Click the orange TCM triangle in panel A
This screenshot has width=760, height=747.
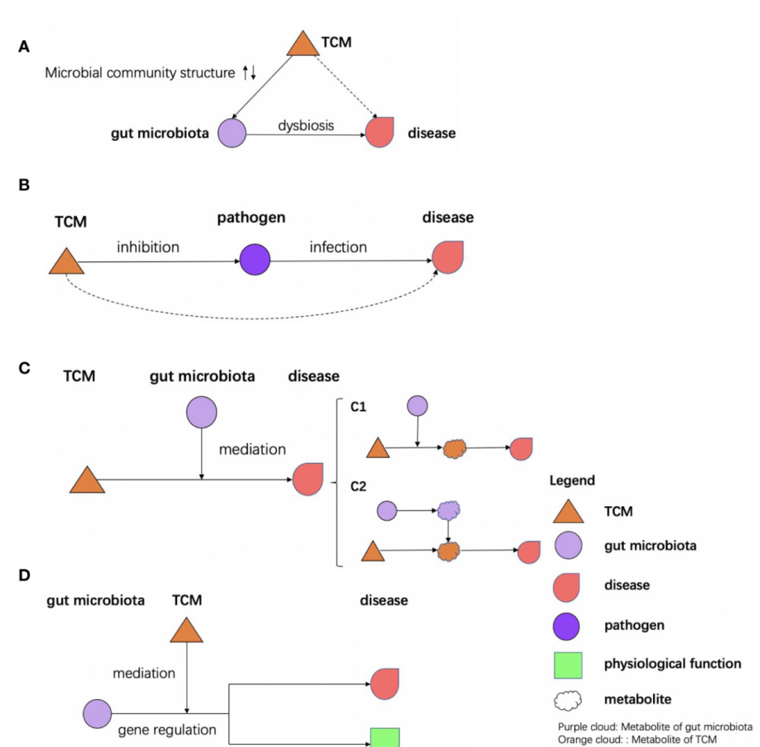pos(301,44)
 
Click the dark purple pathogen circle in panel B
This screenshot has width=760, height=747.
pos(255,259)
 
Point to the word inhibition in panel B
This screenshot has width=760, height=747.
pos(148,247)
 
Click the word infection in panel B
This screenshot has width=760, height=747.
pos(338,247)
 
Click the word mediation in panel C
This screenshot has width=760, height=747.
pos(252,449)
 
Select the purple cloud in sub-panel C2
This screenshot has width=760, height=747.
pos(448,511)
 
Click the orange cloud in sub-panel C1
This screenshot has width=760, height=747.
pos(455,448)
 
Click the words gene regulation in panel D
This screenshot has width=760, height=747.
pos(167,730)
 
